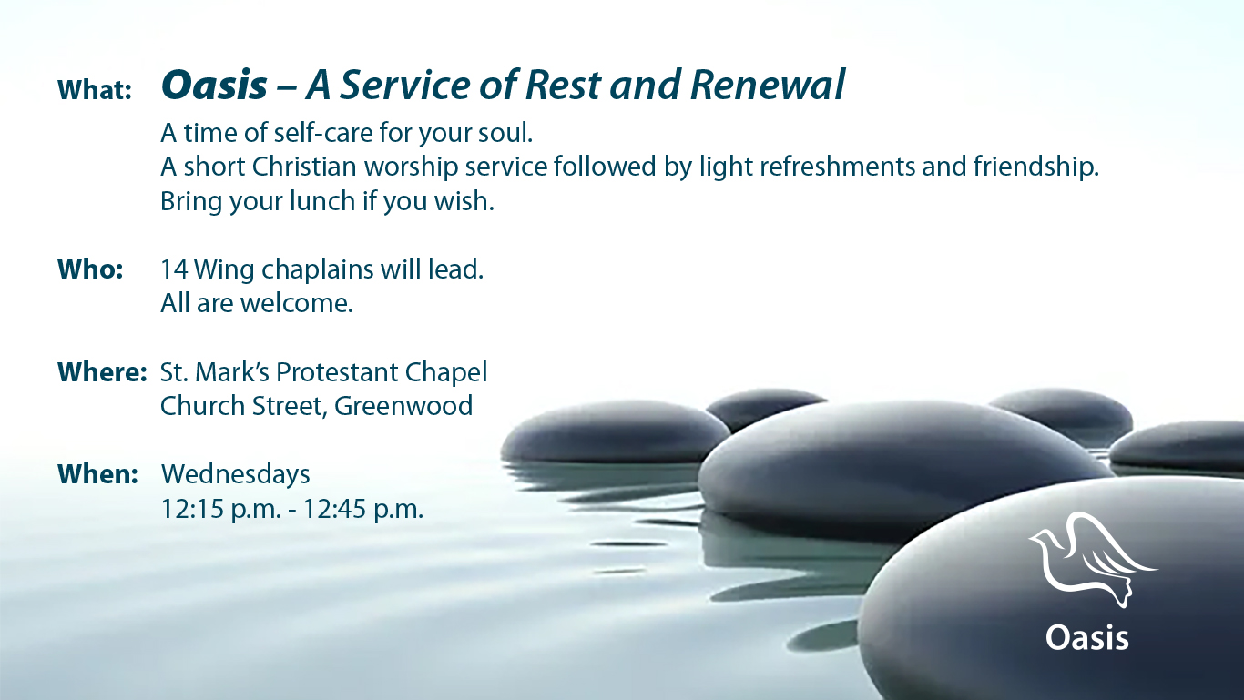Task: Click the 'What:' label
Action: pyautogui.click(x=95, y=90)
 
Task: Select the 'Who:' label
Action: pyautogui.click(x=90, y=270)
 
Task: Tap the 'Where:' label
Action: pyautogui.click(x=102, y=372)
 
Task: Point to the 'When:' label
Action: pyautogui.click(x=97, y=474)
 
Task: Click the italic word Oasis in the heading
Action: pyautogui.click(x=214, y=86)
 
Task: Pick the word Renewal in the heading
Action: pyautogui.click(x=768, y=86)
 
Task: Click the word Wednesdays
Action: pyautogui.click(x=235, y=474)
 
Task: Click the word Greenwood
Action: pyautogui.click(x=403, y=406)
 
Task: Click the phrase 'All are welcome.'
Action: pyautogui.click(x=256, y=303)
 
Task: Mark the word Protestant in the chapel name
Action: pyautogui.click(x=337, y=372)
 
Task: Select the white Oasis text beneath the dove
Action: pyautogui.click(x=1087, y=637)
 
